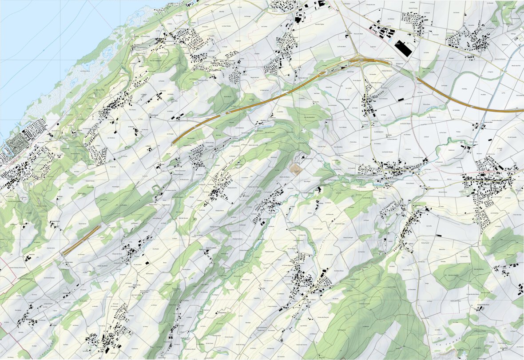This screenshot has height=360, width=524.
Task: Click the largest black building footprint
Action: pyautogui.click(x=404, y=48)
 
